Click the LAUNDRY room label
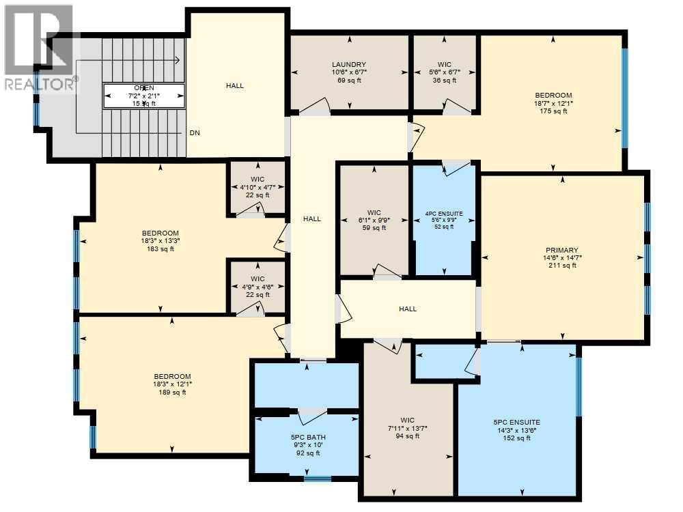point(350,64)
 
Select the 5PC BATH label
point(306,438)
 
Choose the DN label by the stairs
point(195,133)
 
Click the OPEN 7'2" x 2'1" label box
point(144,96)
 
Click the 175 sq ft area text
point(553,111)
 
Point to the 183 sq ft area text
point(161,248)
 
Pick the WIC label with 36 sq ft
point(445,64)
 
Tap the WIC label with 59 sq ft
point(374,212)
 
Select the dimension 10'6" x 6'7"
point(350,72)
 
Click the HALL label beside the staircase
point(235,86)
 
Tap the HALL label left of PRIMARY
point(408,309)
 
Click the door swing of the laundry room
point(316,105)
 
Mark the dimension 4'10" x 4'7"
point(257,187)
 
